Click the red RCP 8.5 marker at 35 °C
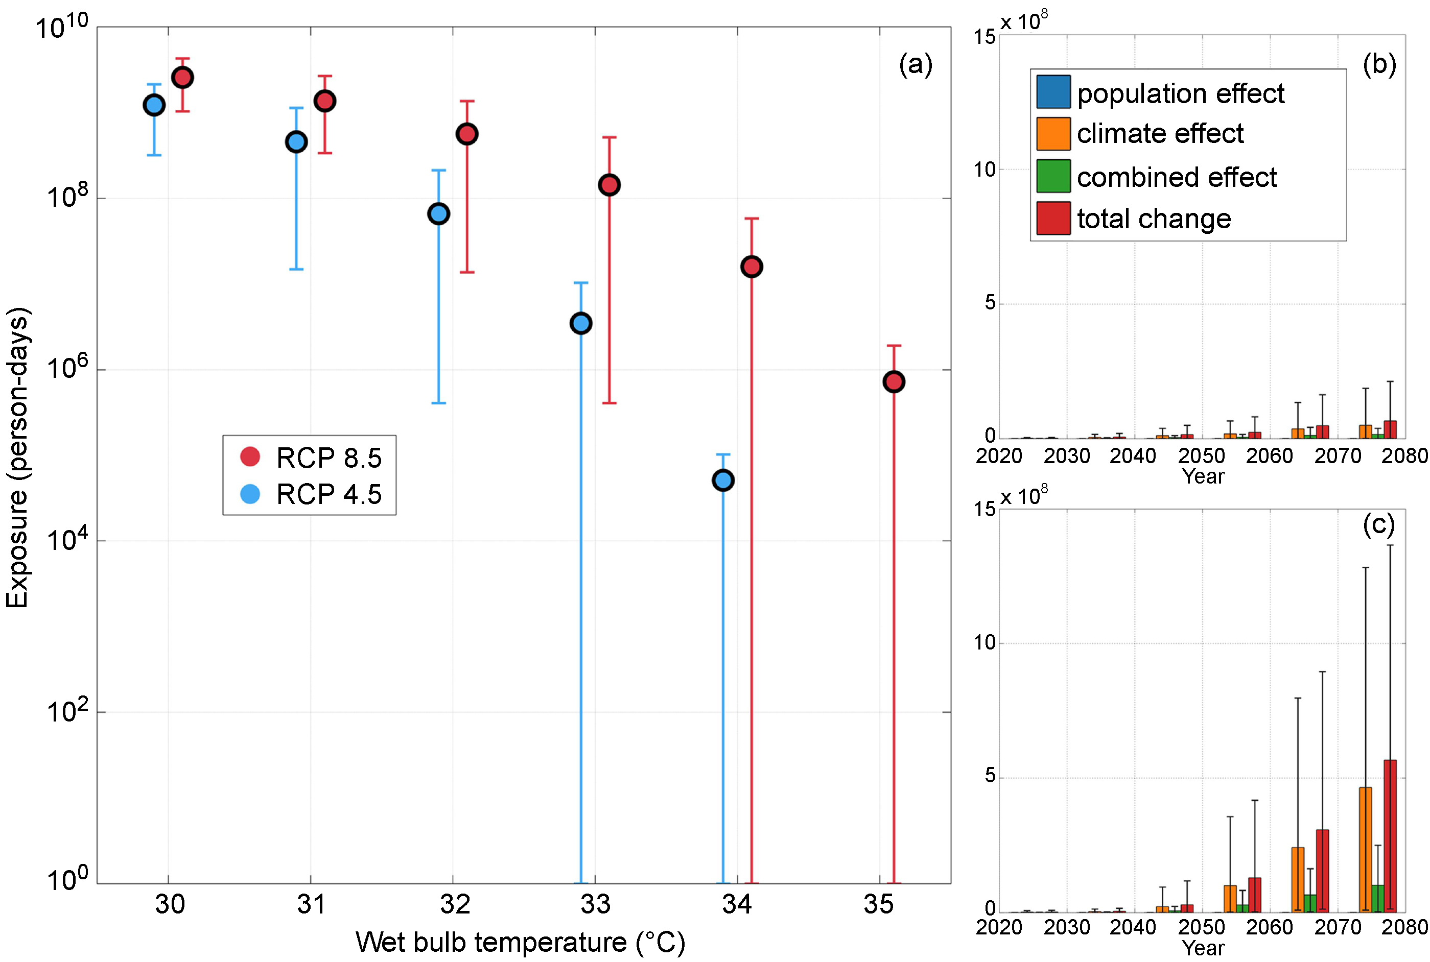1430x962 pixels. point(894,381)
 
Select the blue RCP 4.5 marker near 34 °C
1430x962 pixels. point(723,480)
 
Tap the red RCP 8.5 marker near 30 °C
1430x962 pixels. point(182,77)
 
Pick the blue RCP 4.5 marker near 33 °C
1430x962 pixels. point(580,323)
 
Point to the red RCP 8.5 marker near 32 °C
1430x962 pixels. point(467,134)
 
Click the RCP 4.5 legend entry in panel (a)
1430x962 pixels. point(310,494)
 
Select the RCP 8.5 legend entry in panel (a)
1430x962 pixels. point(310,458)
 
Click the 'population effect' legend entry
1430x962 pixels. point(1160,93)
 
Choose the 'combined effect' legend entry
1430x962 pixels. point(1157,177)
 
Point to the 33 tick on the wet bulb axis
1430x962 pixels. point(595,904)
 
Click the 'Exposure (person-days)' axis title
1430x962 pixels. point(18,457)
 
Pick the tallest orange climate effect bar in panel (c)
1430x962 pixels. point(1366,849)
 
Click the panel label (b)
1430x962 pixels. point(1379,64)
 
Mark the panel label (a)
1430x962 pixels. point(915,64)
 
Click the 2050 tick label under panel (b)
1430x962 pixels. point(1201,456)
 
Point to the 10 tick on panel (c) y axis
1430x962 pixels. point(984,642)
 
